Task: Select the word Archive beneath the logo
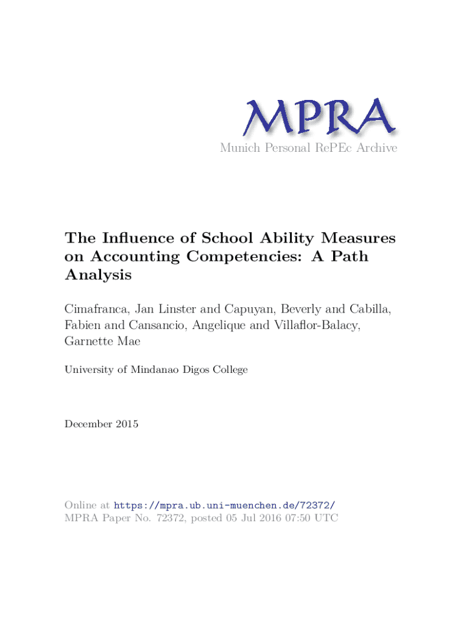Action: (376, 147)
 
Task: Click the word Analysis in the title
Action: (98, 275)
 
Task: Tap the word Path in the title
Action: (349, 257)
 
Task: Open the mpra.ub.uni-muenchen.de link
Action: (224, 505)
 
